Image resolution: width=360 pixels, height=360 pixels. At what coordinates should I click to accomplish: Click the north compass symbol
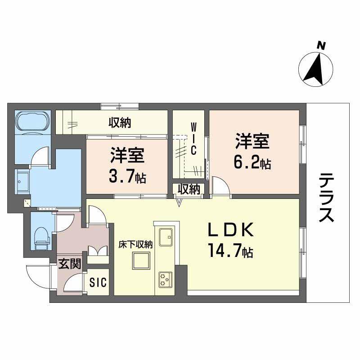[316, 68]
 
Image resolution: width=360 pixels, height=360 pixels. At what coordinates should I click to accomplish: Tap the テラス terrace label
[327, 198]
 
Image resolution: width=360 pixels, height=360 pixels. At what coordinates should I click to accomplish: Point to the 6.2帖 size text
[252, 163]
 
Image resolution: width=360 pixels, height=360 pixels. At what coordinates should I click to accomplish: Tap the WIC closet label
[193, 138]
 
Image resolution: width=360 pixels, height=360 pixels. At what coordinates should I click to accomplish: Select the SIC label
[98, 283]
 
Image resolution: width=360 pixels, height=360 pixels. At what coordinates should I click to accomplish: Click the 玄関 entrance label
[69, 264]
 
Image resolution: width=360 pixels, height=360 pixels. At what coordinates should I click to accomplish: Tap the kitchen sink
[165, 235]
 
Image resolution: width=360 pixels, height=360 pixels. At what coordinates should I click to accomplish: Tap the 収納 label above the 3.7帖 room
[119, 122]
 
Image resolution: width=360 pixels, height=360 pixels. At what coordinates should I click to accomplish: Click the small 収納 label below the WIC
[188, 189]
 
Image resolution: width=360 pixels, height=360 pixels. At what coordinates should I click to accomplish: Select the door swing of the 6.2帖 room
[220, 187]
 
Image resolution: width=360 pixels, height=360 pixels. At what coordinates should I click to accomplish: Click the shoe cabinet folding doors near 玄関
[99, 254]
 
